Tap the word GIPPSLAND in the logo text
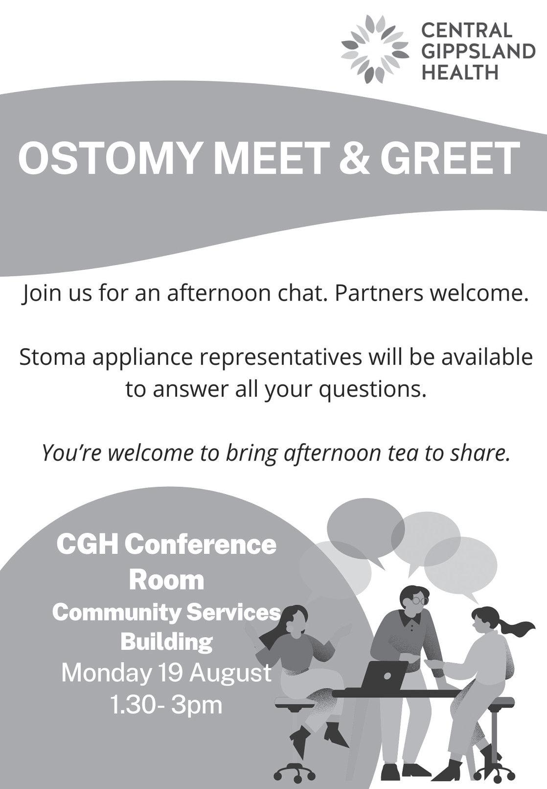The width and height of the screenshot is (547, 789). [479, 52]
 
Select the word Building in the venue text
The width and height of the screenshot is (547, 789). [167, 642]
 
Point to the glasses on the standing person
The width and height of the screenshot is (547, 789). [420, 600]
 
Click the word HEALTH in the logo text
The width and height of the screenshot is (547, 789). [460, 72]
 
